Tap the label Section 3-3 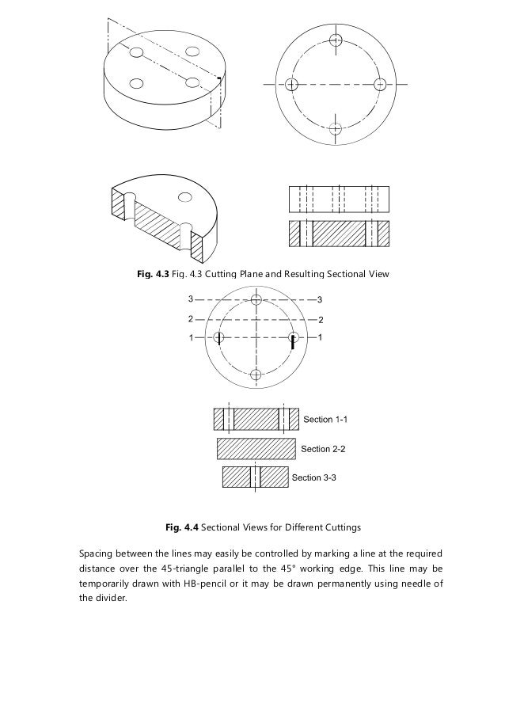pos(314,477)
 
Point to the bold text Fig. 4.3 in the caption pos(153,274)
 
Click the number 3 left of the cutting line pos(190,299)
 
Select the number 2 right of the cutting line pos(319,319)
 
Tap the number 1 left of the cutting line pos(190,338)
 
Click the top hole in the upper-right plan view pos(336,40)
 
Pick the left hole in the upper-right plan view pos(292,84)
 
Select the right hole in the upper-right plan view pos(379,84)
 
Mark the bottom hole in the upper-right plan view pos(336,127)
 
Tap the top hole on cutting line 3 pos(255,299)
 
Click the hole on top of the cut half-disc pos(185,196)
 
